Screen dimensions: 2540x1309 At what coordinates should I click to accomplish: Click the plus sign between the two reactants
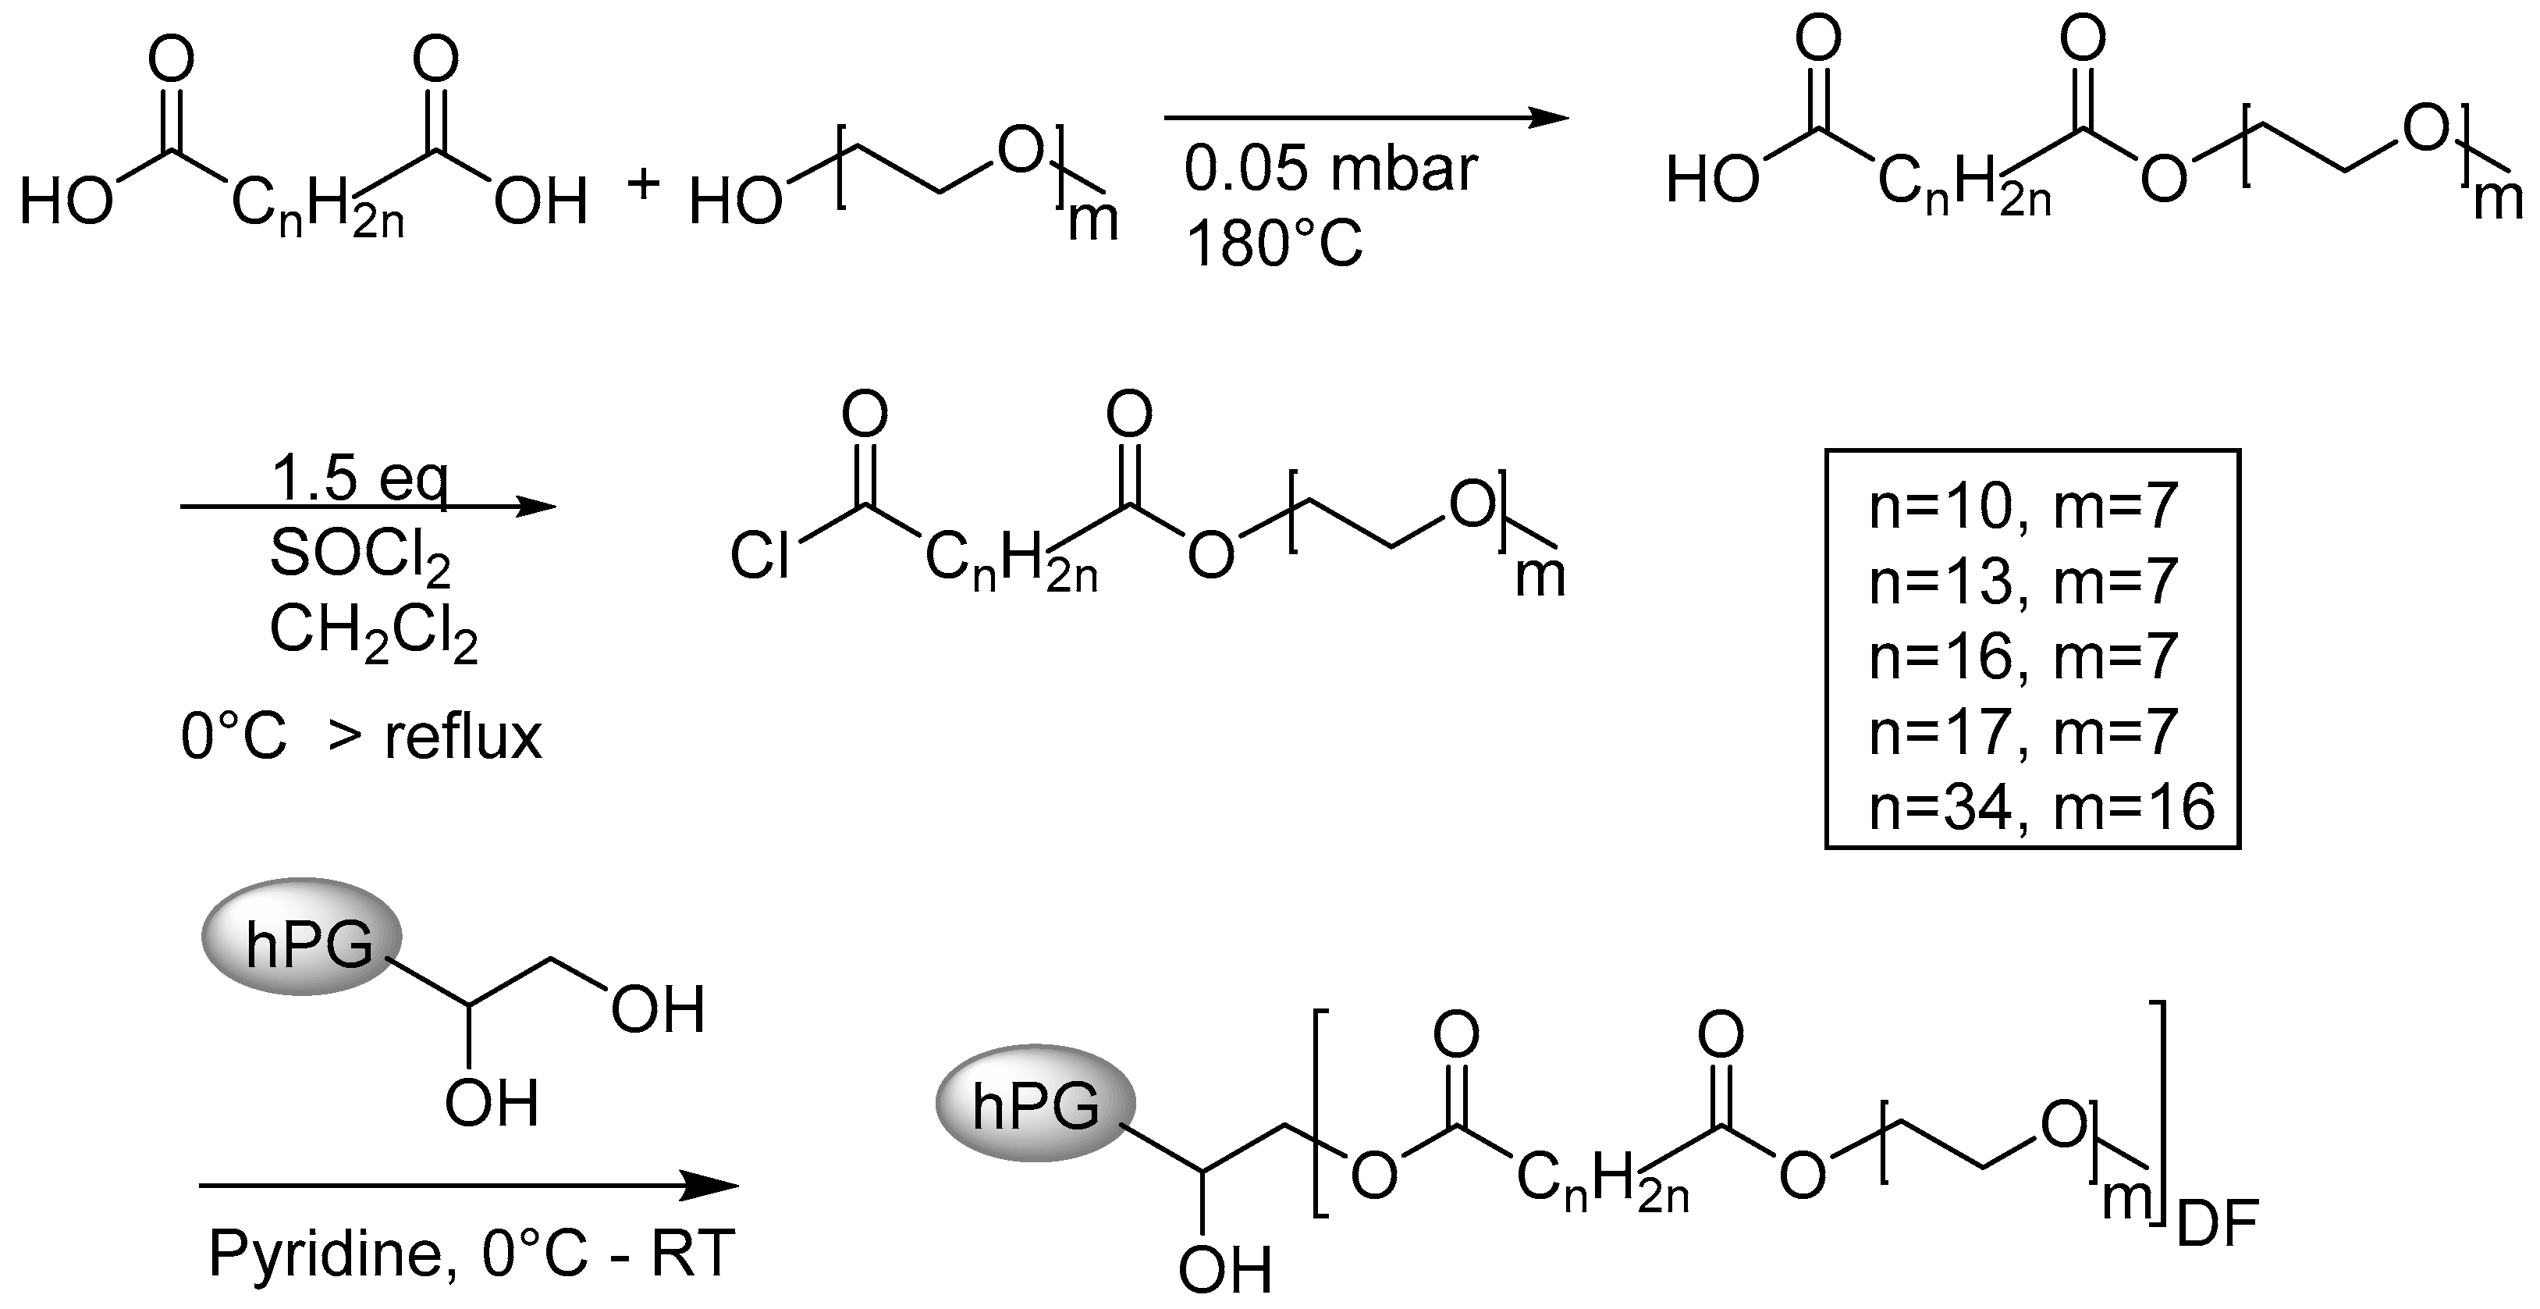[643, 183]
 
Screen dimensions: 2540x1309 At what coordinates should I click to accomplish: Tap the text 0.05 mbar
[1330, 169]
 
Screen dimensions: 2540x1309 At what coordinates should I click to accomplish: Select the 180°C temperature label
[1274, 244]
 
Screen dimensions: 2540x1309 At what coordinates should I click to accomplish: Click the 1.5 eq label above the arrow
[360, 480]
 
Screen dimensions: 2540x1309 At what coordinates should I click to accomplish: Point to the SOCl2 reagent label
[360, 554]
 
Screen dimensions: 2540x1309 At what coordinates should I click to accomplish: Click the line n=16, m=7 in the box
[2023, 657]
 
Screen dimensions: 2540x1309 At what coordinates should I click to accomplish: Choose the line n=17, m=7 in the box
[2023, 732]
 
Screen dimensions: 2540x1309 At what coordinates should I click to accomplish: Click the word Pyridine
[325, 1254]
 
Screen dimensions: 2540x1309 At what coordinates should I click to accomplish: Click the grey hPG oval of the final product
[1036, 1104]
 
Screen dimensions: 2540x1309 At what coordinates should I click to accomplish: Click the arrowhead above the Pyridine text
[710, 1186]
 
